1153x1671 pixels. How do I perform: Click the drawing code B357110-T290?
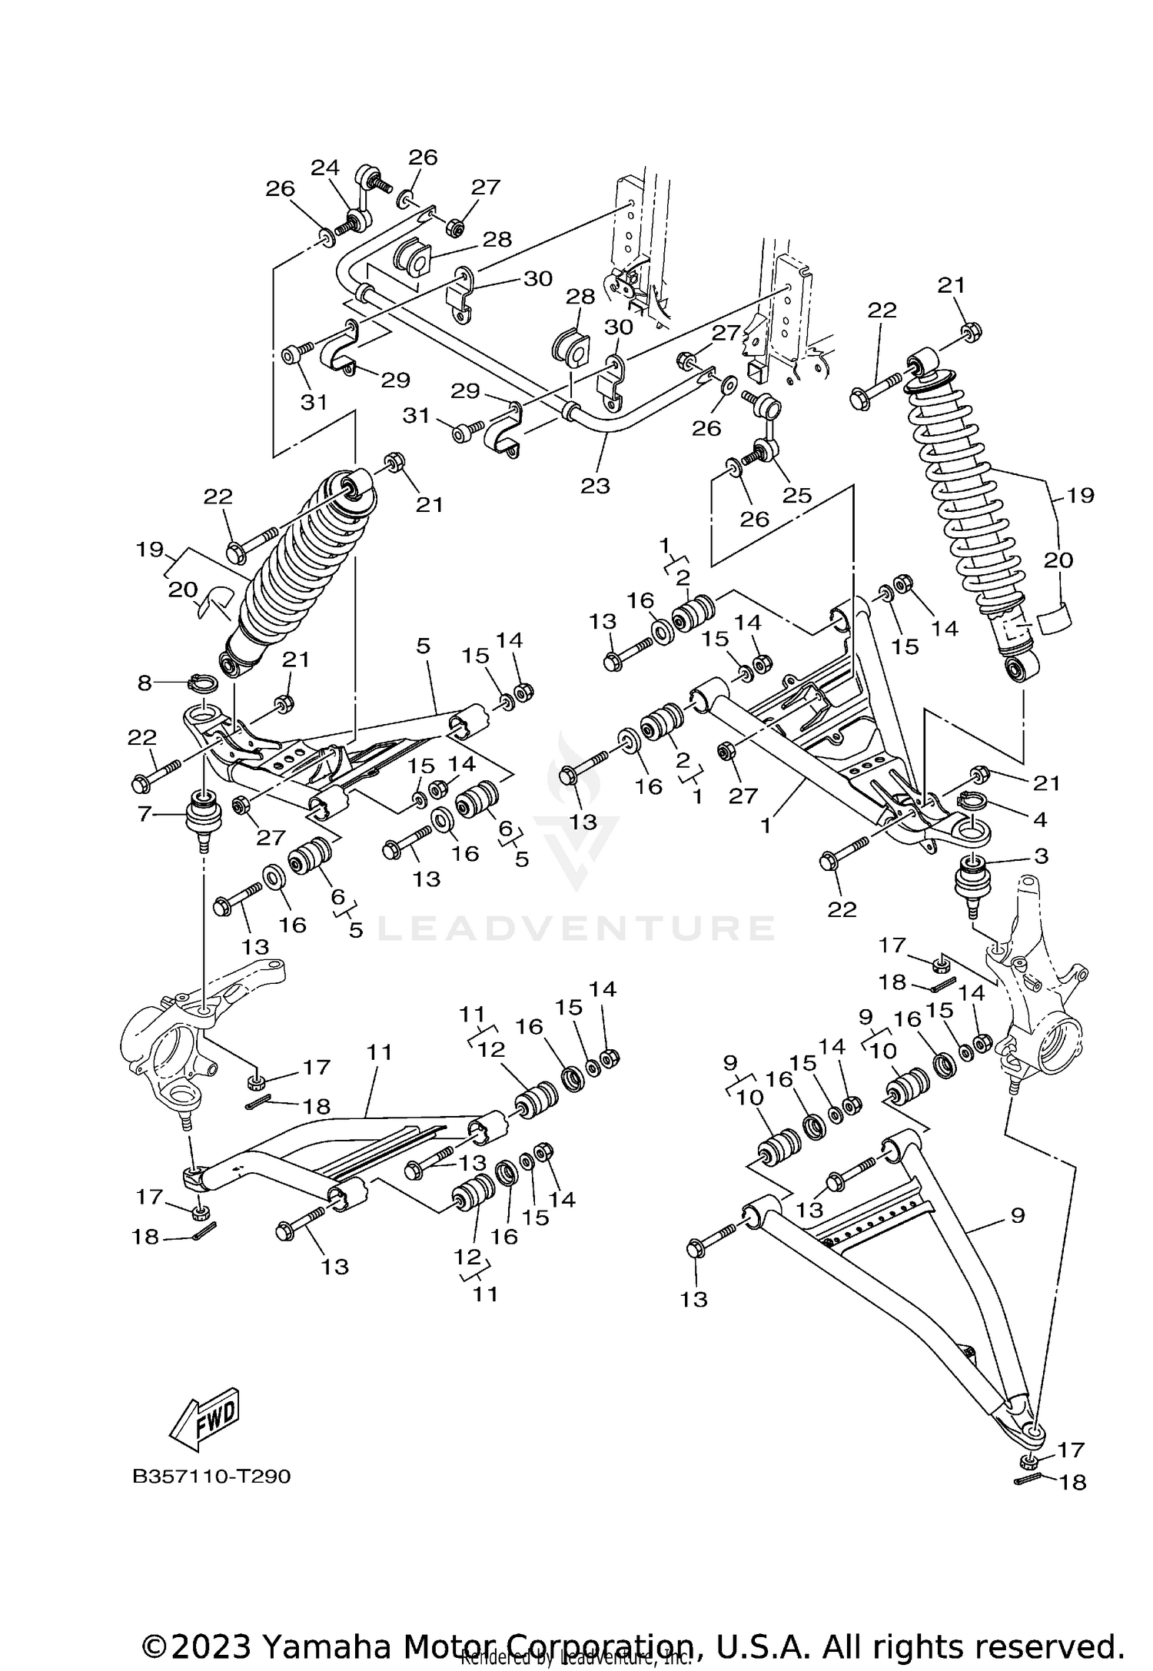[211, 1477]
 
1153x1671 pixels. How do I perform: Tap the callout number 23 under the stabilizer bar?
[595, 485]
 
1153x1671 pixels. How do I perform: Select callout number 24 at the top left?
[324, 167]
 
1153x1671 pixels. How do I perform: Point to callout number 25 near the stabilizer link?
[796, 495]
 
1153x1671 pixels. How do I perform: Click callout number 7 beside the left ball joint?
[145, 813]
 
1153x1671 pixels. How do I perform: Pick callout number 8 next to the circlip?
[145, 682]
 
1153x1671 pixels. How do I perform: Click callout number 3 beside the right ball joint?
[1040, 855]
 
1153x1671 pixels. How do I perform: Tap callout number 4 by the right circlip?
[1039, 820]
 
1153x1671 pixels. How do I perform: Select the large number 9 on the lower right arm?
[1017, 1215]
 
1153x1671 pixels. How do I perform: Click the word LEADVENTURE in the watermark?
[576, 928]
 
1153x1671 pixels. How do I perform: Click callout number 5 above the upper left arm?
[424, 646]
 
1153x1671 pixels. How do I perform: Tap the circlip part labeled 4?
[972, 803]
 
